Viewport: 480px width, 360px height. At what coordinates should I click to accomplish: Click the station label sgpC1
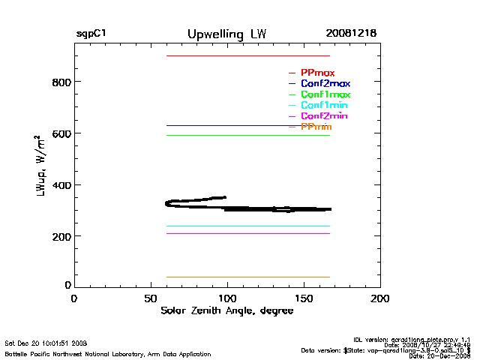point(91,34)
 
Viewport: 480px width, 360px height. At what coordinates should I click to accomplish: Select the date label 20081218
point(351,34)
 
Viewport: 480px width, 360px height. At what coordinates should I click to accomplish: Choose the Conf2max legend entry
point(325,83)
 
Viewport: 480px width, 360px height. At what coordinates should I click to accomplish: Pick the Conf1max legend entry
point(325,94)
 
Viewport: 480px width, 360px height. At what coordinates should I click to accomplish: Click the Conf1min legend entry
point(324,106)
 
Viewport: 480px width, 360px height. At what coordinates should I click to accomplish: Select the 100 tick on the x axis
point(227,298)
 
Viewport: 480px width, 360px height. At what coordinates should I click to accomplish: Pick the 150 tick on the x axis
point(304,298)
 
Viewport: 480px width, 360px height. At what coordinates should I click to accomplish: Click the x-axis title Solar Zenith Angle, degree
point(227,311)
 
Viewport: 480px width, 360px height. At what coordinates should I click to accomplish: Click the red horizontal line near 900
point(247,56)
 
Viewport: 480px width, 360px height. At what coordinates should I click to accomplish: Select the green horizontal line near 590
point(247,135)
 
